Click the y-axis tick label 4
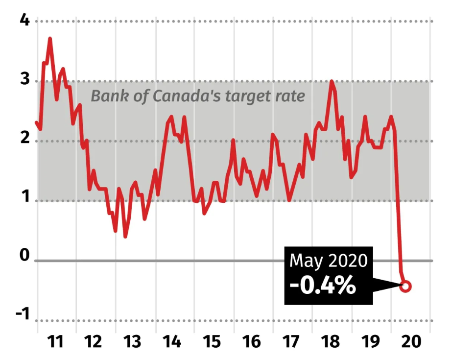point(25,21)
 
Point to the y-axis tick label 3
point(25,78)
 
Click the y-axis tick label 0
point(25,255)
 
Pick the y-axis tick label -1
point(23,313)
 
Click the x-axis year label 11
point(55,342)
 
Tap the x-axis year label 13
point(132,342)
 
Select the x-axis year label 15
point(212,342)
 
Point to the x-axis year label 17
point(290,342)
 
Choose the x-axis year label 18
point(331,342)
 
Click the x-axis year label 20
point(411,342)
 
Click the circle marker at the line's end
point(405,287)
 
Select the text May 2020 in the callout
point(329,261)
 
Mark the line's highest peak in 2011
point(50,39)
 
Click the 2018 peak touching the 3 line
point(332,81)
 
